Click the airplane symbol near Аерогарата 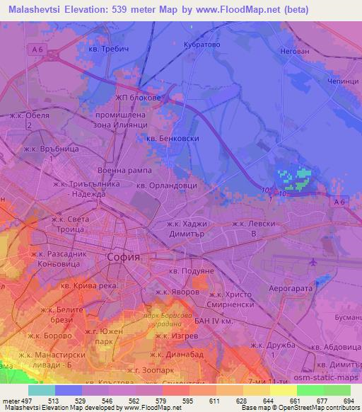313,263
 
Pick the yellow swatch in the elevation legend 283,390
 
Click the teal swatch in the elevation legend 42,390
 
